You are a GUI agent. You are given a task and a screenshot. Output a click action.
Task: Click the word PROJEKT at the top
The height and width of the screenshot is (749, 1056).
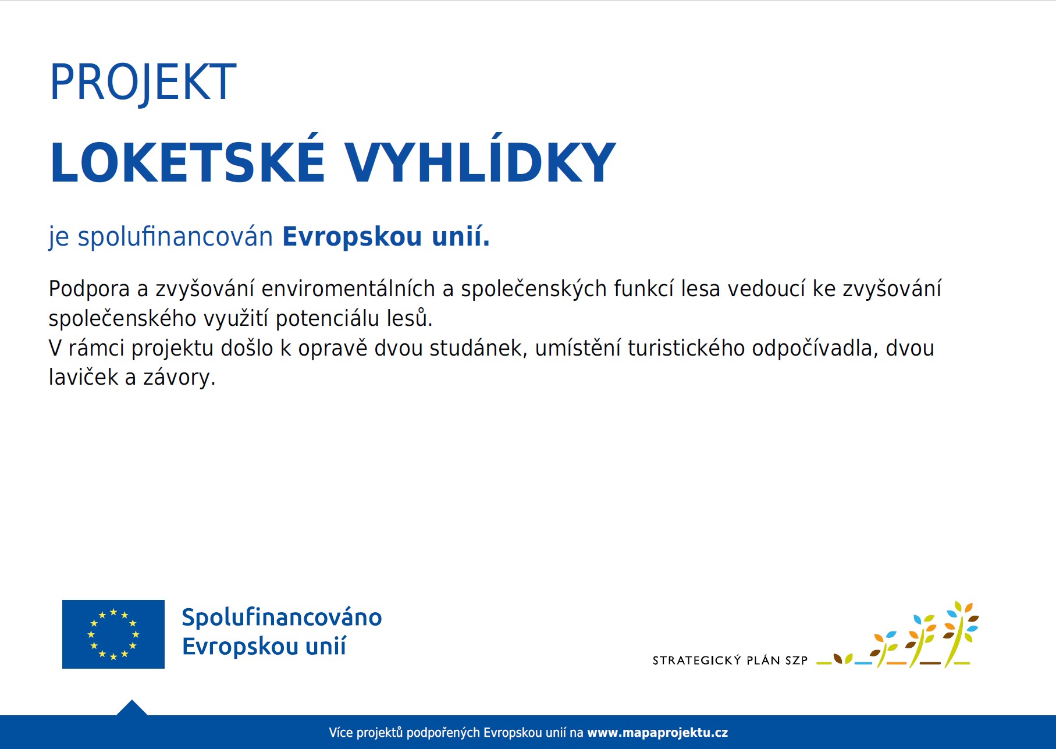click(x=143, y=83)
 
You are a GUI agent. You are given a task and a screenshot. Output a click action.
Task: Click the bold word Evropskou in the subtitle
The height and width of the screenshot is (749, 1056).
click(x=352, y=237)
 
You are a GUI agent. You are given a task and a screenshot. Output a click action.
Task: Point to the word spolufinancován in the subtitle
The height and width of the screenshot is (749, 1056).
click(x=175, y=237)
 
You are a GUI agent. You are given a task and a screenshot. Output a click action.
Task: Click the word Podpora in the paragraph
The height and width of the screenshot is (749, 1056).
click(x=89, y=289)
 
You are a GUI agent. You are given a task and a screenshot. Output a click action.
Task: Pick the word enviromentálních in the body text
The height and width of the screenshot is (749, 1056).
click(x=349, y=289)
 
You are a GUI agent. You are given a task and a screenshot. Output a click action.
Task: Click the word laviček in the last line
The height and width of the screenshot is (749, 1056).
click(x=84, y=378)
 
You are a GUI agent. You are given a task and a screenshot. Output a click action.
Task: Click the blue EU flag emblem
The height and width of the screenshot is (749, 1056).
click(x=113, y=634)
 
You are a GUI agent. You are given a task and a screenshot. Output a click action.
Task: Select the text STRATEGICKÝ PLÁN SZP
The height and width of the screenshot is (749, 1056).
click(x=730, y=661)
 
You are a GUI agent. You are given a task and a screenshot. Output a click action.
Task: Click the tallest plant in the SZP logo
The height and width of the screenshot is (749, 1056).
click(x=960, y=634)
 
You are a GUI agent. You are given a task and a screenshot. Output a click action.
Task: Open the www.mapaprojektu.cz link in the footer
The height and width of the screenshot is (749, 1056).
click(x=657, y=733)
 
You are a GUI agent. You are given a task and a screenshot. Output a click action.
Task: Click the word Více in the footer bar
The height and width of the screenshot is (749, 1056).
click(x=340, y=733)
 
